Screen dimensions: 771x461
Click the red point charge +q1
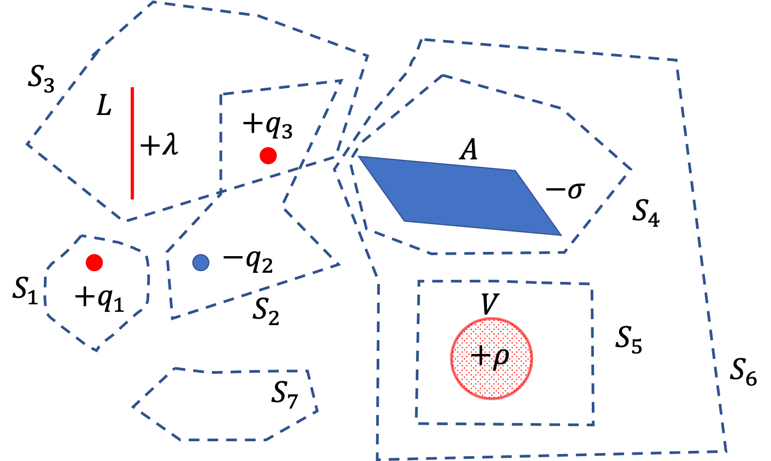pyautogui.click(x=94, y=263)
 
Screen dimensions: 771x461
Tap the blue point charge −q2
pyautogui.click(x=201, y=263)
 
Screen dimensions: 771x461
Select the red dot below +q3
pyautogui.click(x=268, y=156)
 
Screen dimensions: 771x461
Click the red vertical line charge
pyautogui.click(x=132, y=143)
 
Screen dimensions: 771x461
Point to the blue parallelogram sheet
pyautogui.click(x=460, y=196)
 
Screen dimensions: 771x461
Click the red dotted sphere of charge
pyautogui.click(x=492, y=358)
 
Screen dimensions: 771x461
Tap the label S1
pyautogui.click(x=25, y=292)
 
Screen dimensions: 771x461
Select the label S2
pyautogui.click(x=266, y=312)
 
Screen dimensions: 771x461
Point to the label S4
pyautogui.click(x=646, y=213)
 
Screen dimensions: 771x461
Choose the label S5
pyautogui.click(x=629, y=340)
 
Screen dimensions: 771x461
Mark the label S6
pyautogui.click(x=744, y=372)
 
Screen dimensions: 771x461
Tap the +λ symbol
pyautogui.click(x=159, y=145)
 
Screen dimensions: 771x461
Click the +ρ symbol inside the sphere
pyautogui.click(x=490, y=356)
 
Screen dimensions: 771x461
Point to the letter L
pyautogui.click(x=104, y=105)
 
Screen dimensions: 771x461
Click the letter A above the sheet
pyautogui.click(x=469, y=149)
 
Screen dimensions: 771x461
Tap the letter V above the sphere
pyautogui.click(x=490, y=304)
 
